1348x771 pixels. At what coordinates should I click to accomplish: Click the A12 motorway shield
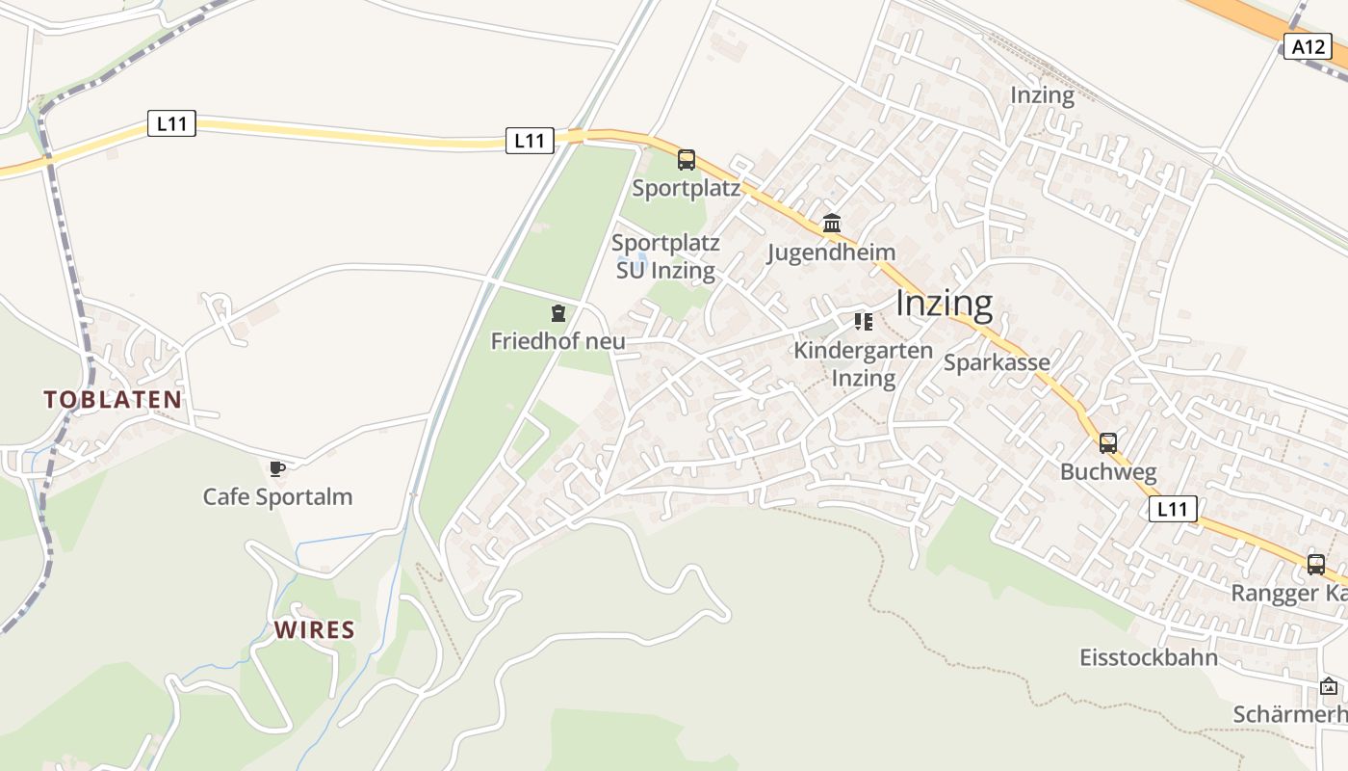pos(1308,45)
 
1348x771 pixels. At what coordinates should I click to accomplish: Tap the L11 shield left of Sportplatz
pos(530,141)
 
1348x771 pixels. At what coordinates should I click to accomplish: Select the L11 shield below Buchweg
pos(1173,509)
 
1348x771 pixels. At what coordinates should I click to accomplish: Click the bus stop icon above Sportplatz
pos(687,160)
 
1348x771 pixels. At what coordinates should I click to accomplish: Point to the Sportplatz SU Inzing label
pos(665,256)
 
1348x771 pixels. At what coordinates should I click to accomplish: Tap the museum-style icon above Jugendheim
pos(832,224)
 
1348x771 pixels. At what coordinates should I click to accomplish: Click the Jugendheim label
pos(831,253)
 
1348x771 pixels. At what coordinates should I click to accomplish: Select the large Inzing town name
pos(944,304)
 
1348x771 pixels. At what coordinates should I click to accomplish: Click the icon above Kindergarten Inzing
pos(863,321)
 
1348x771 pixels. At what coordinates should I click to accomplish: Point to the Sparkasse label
pos(997,362)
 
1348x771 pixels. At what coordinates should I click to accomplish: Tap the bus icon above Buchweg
pos(1108,443)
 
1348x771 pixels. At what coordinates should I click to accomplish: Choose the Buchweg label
pos(1108,472)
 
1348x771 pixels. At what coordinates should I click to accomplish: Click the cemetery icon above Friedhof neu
pos(558,313)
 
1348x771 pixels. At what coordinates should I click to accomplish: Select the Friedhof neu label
pos(557,341)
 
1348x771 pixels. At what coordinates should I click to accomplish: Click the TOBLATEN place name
pos(113,400)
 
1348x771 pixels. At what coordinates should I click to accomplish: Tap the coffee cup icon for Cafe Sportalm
pos(277,469)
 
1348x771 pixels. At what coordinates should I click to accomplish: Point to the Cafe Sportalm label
pos(277,497)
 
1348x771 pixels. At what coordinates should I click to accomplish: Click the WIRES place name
pos(315,630)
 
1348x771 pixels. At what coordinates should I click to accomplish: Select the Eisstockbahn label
pos(1149,658)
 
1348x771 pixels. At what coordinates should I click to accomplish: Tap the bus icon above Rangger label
pos(1316,565)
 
